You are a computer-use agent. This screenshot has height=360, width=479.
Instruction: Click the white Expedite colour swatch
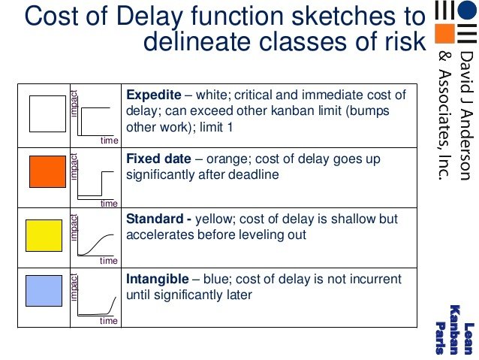[x=47, y=113]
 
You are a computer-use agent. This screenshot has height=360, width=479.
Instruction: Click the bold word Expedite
[x=154, y=95]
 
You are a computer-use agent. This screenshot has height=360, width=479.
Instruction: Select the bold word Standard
[x=154, y=219]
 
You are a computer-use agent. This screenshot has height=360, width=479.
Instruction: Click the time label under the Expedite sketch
[x=109, y=141]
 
